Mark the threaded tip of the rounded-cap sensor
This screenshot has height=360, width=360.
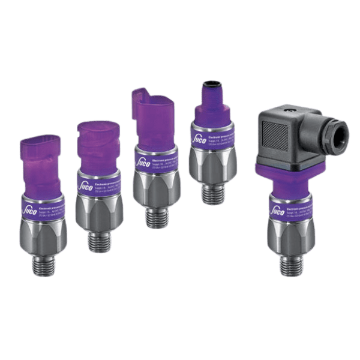[x=98, y=241]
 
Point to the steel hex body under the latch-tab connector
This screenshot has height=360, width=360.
[x=154, y=191]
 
